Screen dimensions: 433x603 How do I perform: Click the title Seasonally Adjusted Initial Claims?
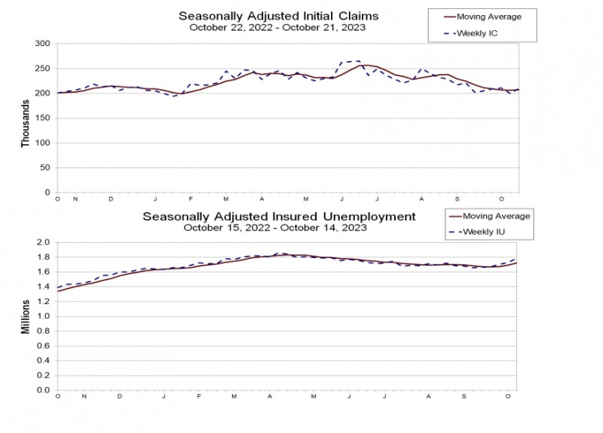click(x=278, y=16)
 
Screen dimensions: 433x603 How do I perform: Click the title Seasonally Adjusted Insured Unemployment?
click(x=279, y=216)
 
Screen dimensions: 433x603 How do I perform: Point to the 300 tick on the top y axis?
click(x=42, y=44)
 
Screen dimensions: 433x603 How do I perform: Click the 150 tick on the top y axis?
click(x=42, y=118)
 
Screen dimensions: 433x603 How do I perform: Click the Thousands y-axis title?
click(x=24, y=126)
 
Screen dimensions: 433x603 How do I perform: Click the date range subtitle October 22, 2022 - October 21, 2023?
click(x=278, y=28)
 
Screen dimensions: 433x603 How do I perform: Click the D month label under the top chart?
click(x=112, y=198)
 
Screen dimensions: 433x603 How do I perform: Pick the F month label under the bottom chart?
click(x=200, y=396)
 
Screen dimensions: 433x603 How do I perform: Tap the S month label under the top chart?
click(x=458, y=198)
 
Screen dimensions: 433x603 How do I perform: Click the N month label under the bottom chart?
click(x=84, y=396)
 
